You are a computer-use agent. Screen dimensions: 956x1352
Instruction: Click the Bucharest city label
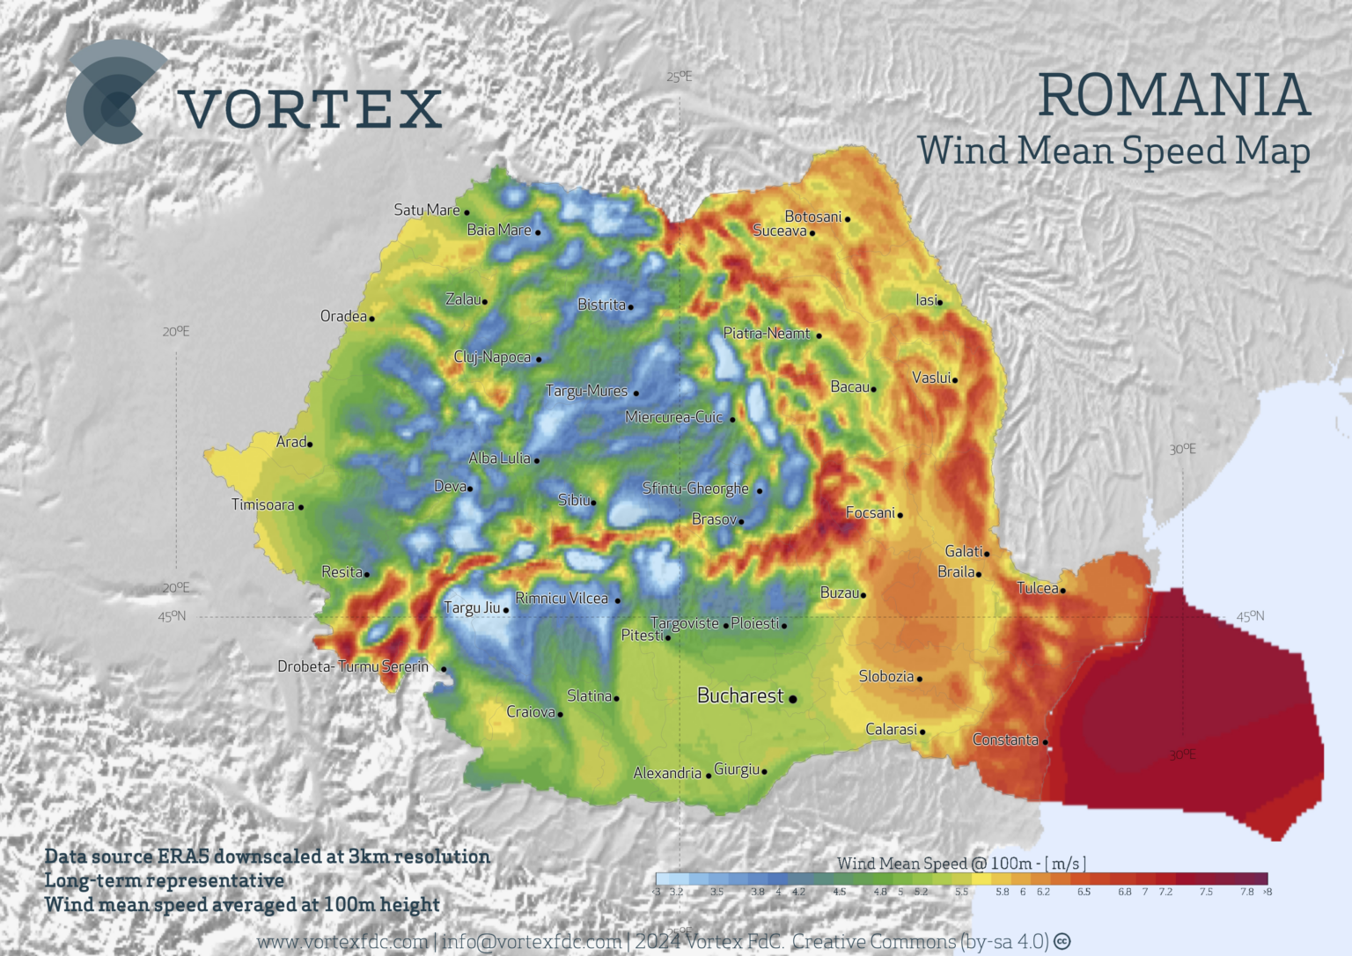pos(739,695)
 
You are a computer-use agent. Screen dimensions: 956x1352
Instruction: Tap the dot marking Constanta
pos(1046,742)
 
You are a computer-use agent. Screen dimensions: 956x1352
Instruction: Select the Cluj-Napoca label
pos(492,357)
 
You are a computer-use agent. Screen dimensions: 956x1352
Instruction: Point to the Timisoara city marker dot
pos(301,507)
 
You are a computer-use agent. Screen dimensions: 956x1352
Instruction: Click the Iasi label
pos(926,300)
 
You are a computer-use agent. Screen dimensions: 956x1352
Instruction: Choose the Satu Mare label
pos(426,210)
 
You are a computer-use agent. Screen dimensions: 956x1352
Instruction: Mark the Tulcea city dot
pos(1063,591)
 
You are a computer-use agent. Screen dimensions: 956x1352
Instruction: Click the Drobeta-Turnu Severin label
pos(353,666)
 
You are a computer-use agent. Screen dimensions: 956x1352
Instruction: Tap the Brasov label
pos(713,519)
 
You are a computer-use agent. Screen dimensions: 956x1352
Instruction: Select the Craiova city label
pos(531,711)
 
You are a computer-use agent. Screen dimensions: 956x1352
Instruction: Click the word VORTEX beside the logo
pos(311,109)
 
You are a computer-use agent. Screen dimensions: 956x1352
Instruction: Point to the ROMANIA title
pos(1174,95)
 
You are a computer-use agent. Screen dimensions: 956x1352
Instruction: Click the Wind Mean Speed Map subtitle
pos(1113,151)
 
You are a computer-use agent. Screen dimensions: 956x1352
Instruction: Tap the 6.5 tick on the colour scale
pos(1084,892)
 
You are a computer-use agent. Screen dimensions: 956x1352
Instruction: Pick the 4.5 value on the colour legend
pos(839,892)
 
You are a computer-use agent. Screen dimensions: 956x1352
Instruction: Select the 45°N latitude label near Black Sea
pos(1250,616)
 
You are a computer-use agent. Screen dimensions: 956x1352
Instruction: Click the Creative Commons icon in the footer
pos(1062,941)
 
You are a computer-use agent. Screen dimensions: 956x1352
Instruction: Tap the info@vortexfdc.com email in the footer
pos(532,941)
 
